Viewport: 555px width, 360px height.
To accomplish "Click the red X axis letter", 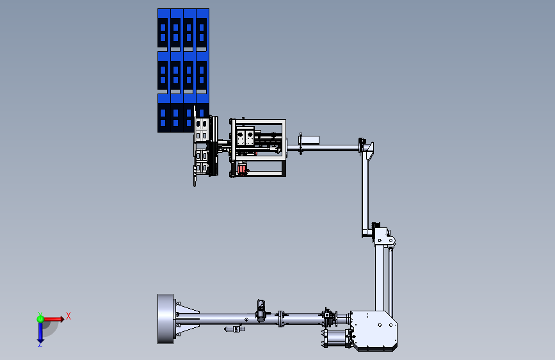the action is pyautogui.click(x=68, y=316).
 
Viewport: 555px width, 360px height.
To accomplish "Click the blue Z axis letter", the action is pyautogui.click(x=40, y=344).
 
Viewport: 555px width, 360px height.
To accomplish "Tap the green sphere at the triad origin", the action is pyautogui.click(x=40, y=319).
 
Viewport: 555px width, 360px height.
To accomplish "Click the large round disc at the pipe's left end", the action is pyautogui.click(x=166, y=319).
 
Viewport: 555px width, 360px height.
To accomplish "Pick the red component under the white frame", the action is pyautogui.click(x=242, y=168).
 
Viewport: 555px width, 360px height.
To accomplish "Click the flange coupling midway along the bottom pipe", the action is pyautogui.click(x=281, y=318).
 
